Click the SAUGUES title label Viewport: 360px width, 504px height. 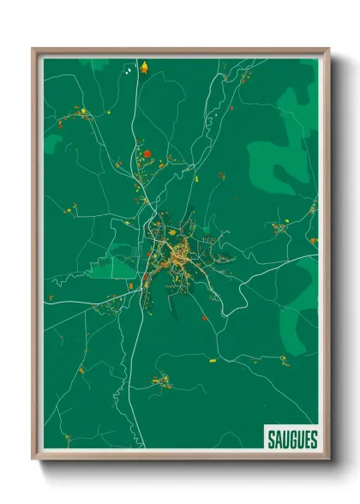291,440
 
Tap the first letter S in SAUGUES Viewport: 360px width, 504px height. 268,440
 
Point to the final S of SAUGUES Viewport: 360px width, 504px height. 314,440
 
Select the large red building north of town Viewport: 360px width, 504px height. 147,154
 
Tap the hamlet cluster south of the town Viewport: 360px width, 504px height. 162,380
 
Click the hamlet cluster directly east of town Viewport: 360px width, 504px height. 280,228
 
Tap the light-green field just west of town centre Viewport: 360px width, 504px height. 118,266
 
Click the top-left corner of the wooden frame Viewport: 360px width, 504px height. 33,49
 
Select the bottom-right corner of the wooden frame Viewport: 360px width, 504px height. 328,459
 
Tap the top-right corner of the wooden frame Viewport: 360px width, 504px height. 328,49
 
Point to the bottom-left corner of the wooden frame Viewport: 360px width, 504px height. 33,459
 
